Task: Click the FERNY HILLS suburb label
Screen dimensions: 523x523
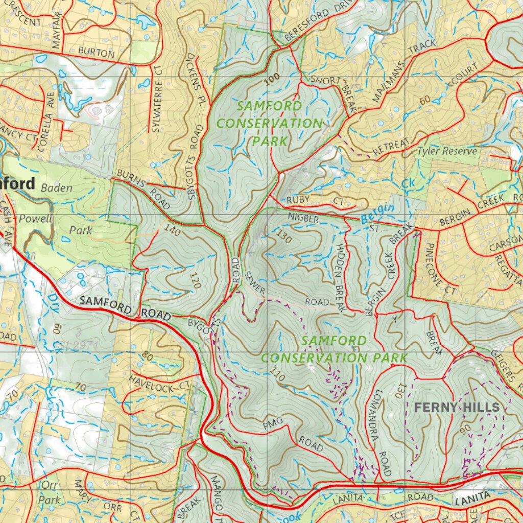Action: pyautogui.click(x=456, y=407)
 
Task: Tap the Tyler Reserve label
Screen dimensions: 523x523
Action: pyautogui.click(x=447, y=151)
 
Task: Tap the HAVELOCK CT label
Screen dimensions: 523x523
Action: pyautogui.click(x=159, y=383)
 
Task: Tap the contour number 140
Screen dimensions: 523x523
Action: pyautogui.click(x=173, y=231)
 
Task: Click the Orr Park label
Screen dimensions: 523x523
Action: pyautogui.click(x=52, y=491)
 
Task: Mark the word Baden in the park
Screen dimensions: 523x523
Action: pyautogui.click(x=56, y=187)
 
